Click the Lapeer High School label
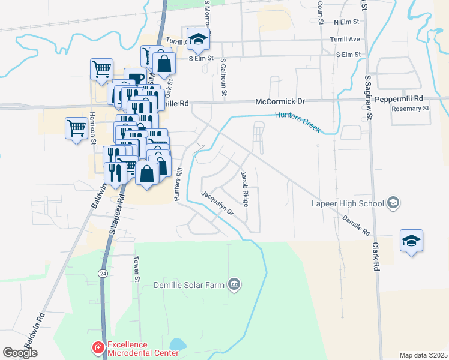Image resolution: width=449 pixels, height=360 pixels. (x=348, y=203)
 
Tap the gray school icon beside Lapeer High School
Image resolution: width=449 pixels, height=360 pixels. (x=393, y=203)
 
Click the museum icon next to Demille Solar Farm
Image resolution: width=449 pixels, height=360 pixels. (x=234, y=284)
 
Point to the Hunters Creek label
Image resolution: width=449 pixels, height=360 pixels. (x=298, y=122)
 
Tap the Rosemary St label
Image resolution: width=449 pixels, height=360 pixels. (x=410, y=109)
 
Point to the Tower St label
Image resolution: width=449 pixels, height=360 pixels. (x=137, y=271)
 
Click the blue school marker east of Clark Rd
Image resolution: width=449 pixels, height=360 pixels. (x=411, y=241)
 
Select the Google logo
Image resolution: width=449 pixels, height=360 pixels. (x=20, y=353)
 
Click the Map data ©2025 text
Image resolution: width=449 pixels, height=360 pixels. (x=423, y=355)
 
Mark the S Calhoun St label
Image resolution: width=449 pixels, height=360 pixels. (x=223, y=77)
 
